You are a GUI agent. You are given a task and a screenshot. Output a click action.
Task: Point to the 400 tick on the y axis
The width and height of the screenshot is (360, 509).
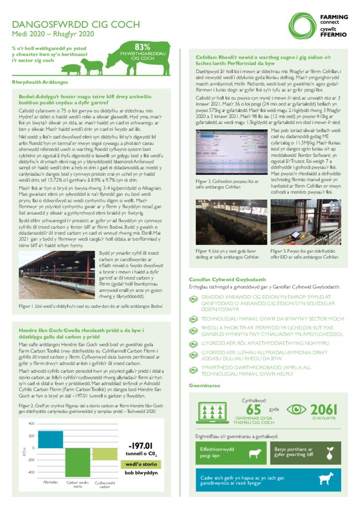pyautogui.click(x=31, y=424)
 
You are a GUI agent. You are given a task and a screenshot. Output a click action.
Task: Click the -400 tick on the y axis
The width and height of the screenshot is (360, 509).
pyautogui.click(x=30, y=472)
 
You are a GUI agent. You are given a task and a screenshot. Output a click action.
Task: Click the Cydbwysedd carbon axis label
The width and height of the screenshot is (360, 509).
pyautogui.click(x=105, y=484)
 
